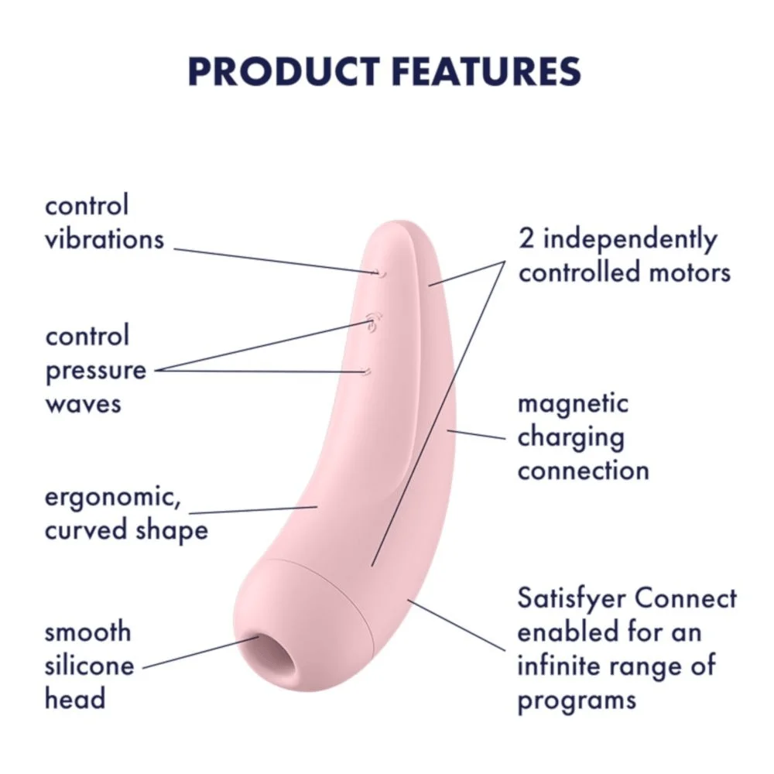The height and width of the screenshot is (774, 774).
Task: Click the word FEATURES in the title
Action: pyautogui.click(x=487, y=71)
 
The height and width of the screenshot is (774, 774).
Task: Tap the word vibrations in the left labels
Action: pyautogui.click(x=104, y=239)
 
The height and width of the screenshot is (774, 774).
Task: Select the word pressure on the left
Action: pyautogui.click(x=96, y=372)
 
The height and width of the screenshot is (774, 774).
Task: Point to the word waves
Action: pyautogui.click(x=83, y=405)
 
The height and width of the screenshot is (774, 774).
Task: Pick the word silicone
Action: pyautogui.click(x=89, y=666)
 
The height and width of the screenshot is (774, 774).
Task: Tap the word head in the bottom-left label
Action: pyautogui.click(x=75, y=699)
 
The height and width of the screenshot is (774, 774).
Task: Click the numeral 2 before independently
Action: pyautogui.click(x=526, y=240)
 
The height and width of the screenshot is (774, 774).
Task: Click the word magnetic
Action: pyautogui.click(x=573, y=405)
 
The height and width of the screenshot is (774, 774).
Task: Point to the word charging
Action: pyautogui.click(x=570, y=438)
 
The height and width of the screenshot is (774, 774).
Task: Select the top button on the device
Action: pyautogui.click(x=381, y=272)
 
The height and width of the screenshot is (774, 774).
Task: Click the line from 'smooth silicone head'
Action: pyautogui.click(x=201, y=652)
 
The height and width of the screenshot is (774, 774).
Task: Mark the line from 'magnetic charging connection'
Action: pyautogui.click(x=476, y=434)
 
